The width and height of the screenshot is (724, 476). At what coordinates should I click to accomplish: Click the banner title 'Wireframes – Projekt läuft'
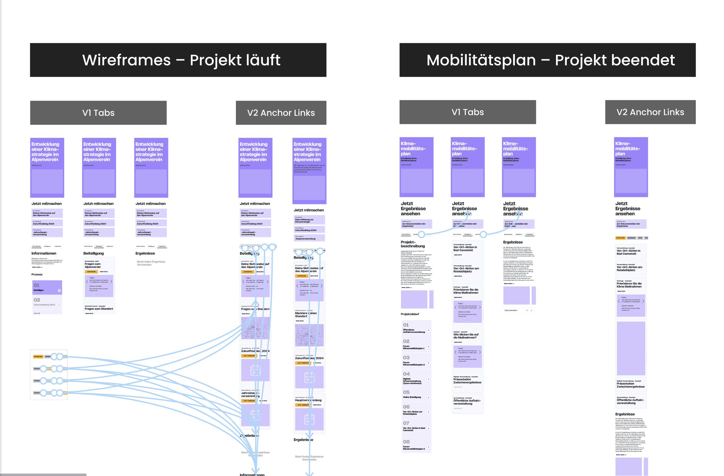pyautogui.click(x=181, y=60)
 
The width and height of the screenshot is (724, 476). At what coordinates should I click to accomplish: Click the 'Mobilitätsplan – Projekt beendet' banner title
pyautogui.click(x=550, y=60)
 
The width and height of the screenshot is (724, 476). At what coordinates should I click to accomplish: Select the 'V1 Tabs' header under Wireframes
pyautogui.click(x=98, y=113)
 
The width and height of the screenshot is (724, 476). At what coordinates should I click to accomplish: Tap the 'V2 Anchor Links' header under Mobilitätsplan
pyautogui.click(x=650, y=112)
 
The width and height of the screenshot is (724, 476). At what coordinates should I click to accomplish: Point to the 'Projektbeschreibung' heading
pyautogui.click(x=413, y=244)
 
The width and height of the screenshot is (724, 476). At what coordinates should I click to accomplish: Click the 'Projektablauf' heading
pyautogui.click(x=410, y=314)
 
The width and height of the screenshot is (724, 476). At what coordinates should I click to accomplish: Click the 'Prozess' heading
pyautogui.click(x=37, y=274)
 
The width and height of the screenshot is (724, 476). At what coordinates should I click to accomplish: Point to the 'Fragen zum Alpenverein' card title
pyautogui.click(x=93, y=265)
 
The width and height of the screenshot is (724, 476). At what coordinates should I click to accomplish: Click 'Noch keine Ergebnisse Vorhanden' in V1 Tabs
pyautogui.click(x=151, y=263)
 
